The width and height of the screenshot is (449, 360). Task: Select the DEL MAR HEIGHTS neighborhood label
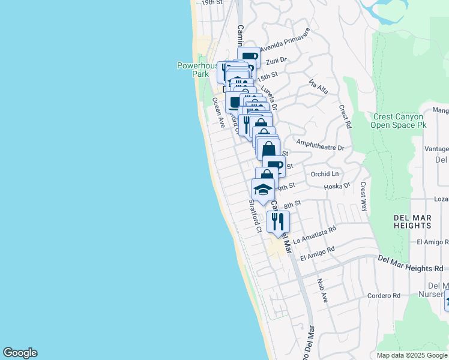pos(412,221)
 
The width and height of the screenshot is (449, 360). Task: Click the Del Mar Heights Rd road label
pos(411,263)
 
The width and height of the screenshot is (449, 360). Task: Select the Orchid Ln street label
pos(325,174)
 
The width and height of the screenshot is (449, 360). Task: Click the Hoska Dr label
pos(336,187)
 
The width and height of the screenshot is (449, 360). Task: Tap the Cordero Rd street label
pos(384,295)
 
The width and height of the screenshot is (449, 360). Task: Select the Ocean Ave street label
pos(218,113)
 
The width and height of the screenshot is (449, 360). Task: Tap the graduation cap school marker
pos(263,190)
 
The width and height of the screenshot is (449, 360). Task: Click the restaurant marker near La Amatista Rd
pos(278,221)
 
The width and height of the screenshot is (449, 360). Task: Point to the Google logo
pos(20,353)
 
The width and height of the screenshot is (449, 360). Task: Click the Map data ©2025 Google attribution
pos(412,355)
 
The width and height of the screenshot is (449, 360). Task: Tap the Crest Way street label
pos(364,196)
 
